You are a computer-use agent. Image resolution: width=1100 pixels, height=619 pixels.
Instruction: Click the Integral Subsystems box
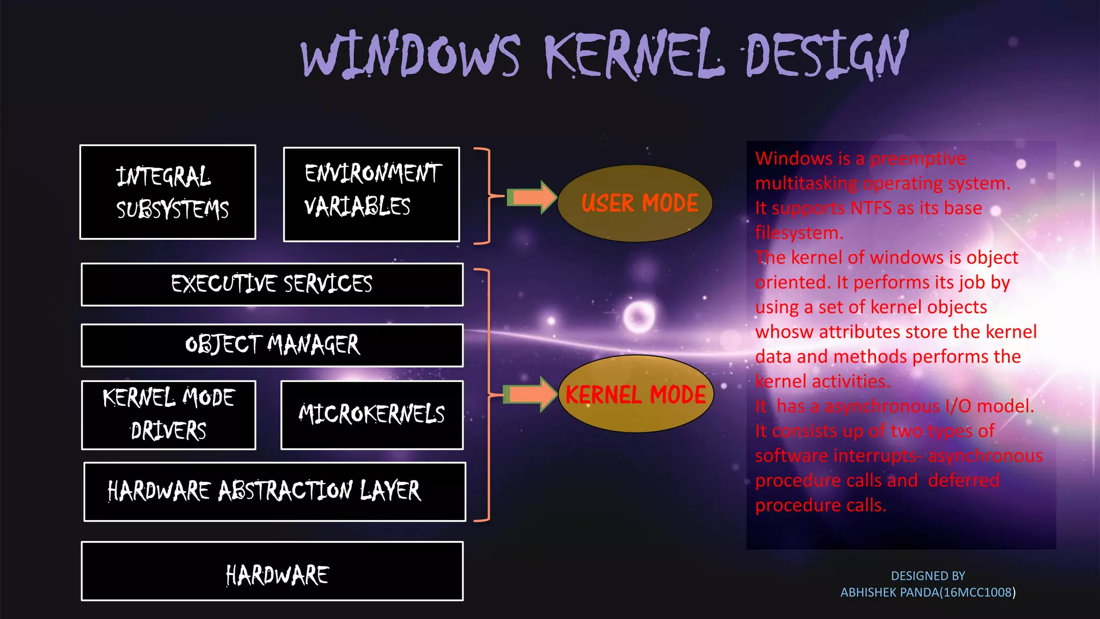(168, 192)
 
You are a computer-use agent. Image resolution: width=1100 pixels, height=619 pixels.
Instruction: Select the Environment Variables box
(371, 194)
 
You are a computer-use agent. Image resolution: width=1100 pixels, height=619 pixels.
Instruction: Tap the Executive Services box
(272, 284)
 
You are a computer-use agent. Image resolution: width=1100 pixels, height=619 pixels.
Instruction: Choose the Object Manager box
(272, 345)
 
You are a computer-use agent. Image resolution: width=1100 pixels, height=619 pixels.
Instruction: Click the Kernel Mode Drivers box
(168, 415)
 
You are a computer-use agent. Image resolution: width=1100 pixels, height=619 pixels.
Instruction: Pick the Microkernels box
(372, 414)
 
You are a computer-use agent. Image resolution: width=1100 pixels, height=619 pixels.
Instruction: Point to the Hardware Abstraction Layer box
(274, 491)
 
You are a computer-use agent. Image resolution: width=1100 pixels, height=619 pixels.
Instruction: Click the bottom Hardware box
(272, 571)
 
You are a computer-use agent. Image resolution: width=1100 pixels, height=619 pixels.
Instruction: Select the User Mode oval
(635, 203)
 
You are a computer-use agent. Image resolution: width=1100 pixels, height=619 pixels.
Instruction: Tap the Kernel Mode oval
(636, 394)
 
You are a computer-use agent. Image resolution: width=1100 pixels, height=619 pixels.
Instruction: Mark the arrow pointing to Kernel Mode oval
(531, 394)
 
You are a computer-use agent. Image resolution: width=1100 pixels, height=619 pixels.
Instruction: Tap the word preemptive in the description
(918, 159)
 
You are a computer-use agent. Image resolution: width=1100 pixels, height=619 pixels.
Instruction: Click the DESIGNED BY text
(928, 575)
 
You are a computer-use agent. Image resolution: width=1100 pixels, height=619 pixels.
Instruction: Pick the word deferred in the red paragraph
(964, 480)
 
